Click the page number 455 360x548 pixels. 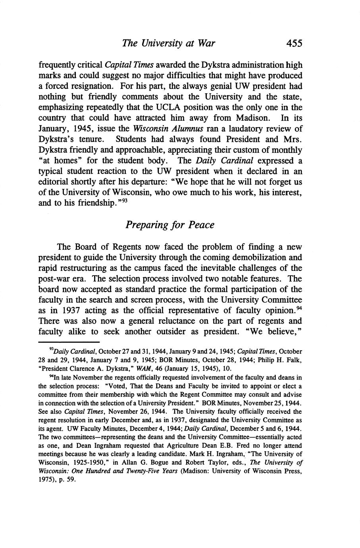click(294, 43)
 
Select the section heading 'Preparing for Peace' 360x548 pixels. click(170, 225)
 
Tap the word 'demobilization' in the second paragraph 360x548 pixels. click(264, 257)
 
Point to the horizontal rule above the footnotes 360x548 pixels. click(69, 342)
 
